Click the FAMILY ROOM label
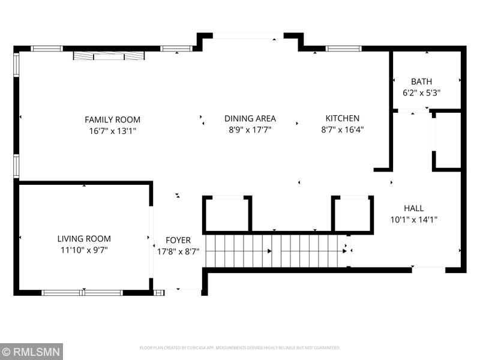tap(112, 119)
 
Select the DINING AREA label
tap(250, 119)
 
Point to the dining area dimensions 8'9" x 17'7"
tap(250, 129)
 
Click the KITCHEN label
tap(343, 119)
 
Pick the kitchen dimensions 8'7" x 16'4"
tap(343, 129)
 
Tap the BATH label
tap(421, 82)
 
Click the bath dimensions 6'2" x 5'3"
tap(421, 92)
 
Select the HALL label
tap(413, 208)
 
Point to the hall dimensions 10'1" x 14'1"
tap(413, 219)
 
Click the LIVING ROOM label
tap(84, 239)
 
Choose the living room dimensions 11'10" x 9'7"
tap(84, 250)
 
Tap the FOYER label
tap(178, 241)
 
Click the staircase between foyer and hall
tap(276, 251)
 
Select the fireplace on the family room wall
tap(109, 56)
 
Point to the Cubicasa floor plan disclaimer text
tap(240, 347)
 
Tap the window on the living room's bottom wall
tap(82, 293)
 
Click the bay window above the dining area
tap(248, 37)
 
